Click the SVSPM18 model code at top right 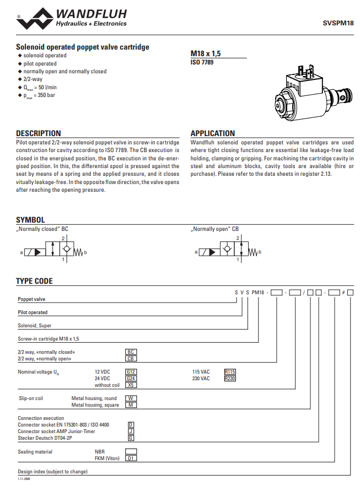[338, 23]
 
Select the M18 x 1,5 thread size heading [206, 53]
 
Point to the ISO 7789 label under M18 [202, 62]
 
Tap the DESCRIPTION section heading [39, 133]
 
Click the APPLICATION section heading [212, 133]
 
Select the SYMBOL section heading [30, 220]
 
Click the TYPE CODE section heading [34, 281]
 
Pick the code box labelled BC [131, 352]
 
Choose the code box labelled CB [131, 358]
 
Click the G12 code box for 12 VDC [131, 372]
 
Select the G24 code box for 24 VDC [131, 379]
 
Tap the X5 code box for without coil [131, 385]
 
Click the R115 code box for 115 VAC [230, 372]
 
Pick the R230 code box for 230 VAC [230, 379]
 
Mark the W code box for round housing [131, 398]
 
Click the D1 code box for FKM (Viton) [131, 458]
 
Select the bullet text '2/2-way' [33, 79]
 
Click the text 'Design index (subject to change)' [52, 472]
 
